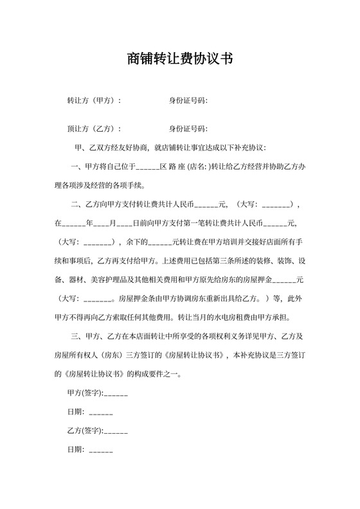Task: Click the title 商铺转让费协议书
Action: (179, 59)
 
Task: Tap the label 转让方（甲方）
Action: (94, 101)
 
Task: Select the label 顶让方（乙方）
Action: (94, 129)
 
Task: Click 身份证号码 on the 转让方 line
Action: (188, 101)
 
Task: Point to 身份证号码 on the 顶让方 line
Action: (188, 129)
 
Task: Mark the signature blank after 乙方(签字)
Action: (116, 430)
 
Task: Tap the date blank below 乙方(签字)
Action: (100, 449)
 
